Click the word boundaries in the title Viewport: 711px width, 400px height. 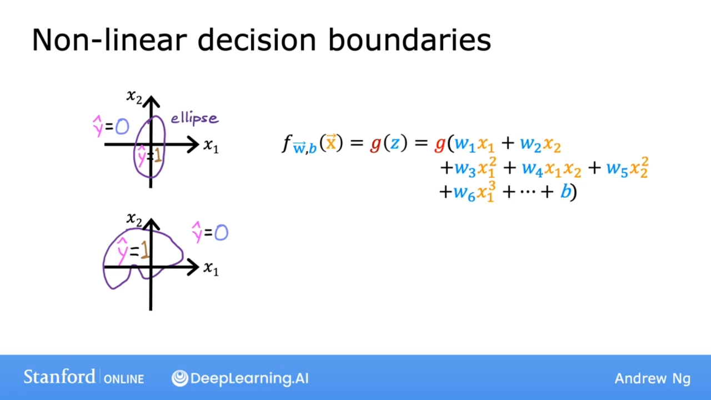click(x=409, y=40)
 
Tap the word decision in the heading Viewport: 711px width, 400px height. click(x=257, y=40)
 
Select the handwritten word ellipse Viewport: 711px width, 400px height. click(x=194, y=119)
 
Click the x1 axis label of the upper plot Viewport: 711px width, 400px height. click(x=211, y=146)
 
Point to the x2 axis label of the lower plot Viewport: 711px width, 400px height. click(x=134, y=219)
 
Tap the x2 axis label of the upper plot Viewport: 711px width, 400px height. click(x=134, y=97)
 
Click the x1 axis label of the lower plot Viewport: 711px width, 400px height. click(x=211, y=268)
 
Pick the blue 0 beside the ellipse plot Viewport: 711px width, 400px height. click(x=122, y=126)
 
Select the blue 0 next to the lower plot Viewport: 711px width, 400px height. click(x=221, y=232)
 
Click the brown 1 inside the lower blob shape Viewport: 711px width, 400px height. click(x=144, y=250)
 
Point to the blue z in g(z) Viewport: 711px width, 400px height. click(x=395, y=143)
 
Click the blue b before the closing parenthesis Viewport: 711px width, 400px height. click(x=565, y=192)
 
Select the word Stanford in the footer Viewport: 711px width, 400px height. click(x=59, y=377)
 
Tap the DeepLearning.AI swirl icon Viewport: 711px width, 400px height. click(x=179, y=378)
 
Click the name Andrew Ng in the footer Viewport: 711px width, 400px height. click(x=653, y=378)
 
